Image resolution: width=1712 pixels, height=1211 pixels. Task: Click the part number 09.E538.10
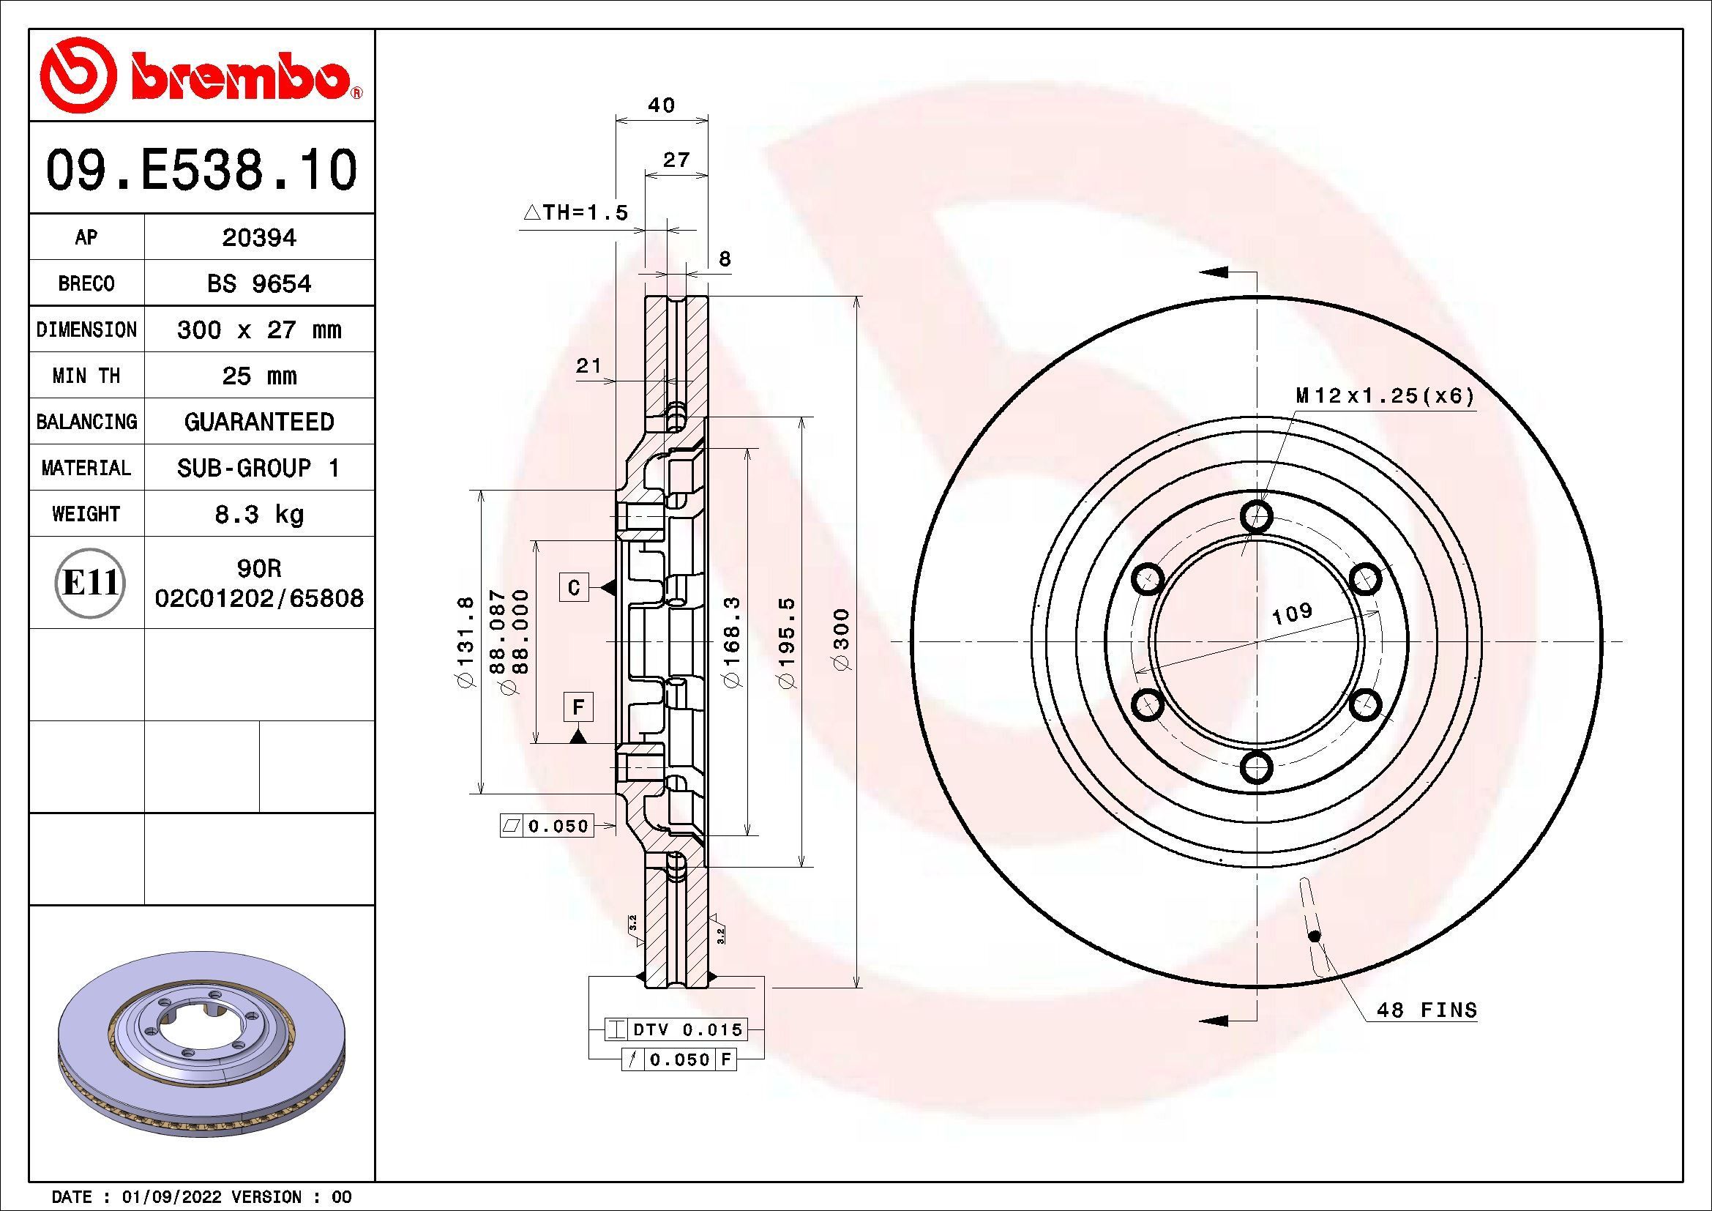click(x=201, y=170)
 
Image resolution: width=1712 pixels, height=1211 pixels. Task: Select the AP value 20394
click(x=258, y=238)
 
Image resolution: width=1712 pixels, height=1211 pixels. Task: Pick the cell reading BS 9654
click(x=258, y=284)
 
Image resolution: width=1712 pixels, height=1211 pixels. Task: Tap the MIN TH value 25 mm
click(x=258, y=376)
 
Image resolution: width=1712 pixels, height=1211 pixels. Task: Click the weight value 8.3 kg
click(x=258, y=515)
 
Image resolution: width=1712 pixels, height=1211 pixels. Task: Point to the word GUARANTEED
click(x=258, y=422)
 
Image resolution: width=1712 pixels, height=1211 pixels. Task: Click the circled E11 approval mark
click(x=90, y=583)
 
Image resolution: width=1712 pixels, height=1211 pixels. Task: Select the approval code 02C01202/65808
click(x=258, y=598)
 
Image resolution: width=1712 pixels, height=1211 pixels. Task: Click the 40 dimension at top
click(x=661, y=105)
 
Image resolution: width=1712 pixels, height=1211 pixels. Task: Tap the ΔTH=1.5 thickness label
click(x=575, y=213)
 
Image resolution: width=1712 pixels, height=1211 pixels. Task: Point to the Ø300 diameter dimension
click(x=842, y=640)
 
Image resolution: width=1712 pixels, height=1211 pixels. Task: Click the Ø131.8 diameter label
click(x=466, y=641)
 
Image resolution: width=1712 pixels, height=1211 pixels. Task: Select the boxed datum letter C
click(x=574, y=588)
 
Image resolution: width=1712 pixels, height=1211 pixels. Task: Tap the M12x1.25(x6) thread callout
click(x=1385, y=396)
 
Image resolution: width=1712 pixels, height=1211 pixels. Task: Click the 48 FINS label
click(x=1426, y=1010)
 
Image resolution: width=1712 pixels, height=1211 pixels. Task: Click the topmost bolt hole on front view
click(x=1257, y=515)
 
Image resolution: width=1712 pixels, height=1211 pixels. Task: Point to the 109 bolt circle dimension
click(x=1291, y=613)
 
